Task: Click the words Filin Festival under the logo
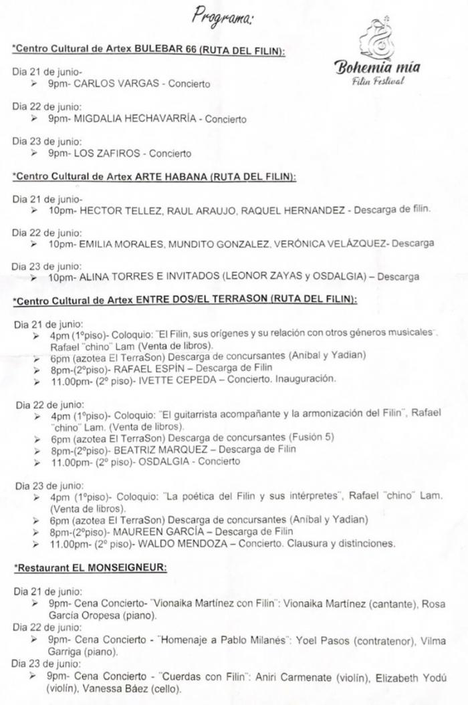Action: point(378,82)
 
